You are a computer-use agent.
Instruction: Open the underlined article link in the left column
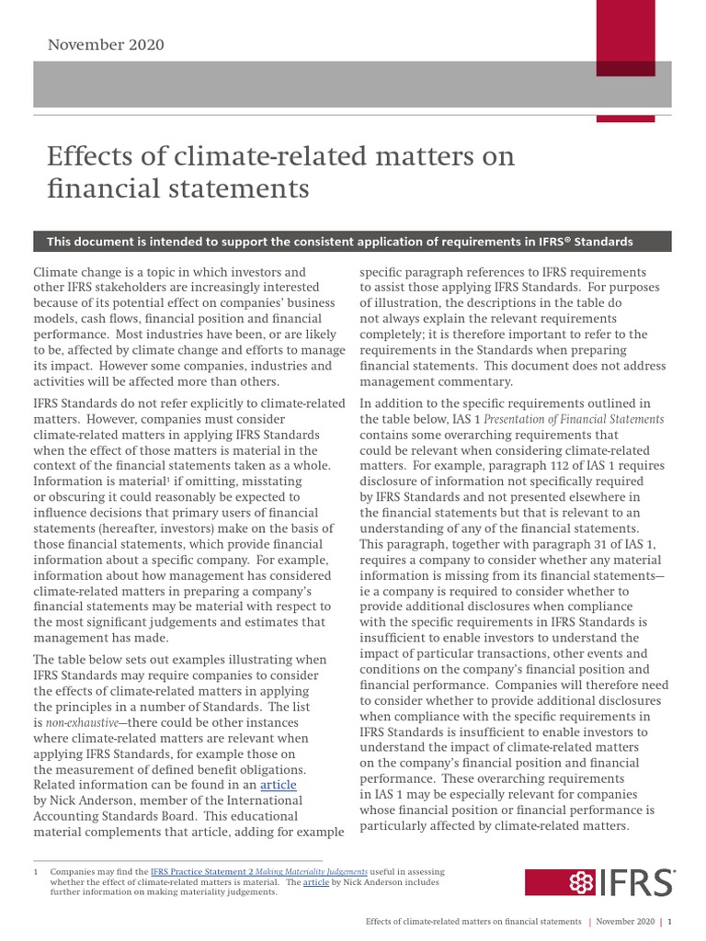click(x=278, y=786)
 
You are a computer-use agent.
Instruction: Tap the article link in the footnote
click(x=317, y=881)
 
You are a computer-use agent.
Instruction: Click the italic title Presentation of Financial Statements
click(x=574, y=420)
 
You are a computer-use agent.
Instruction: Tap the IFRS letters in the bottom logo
click(x=635, y=883)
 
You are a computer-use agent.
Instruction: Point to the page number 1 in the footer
click(x=669, y=921)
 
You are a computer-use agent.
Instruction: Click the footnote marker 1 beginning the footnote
click(x=35, y=871)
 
